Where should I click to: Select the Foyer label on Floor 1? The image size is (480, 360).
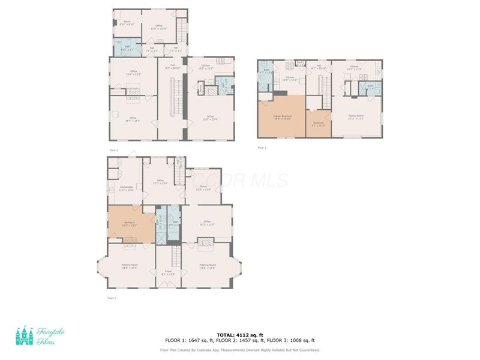168,272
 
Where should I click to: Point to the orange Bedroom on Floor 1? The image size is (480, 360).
130,223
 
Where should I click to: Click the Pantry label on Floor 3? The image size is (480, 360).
301,63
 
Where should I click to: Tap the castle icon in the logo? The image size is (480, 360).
25,337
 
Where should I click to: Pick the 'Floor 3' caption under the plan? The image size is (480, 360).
262,148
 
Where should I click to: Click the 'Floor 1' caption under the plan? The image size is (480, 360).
112,297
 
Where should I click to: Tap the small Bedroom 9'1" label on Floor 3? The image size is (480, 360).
318,124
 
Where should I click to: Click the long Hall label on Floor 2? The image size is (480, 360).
172,67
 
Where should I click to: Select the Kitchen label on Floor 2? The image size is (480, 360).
206,67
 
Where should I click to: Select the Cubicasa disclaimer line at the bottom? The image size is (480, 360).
240,350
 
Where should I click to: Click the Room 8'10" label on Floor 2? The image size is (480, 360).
127,23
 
